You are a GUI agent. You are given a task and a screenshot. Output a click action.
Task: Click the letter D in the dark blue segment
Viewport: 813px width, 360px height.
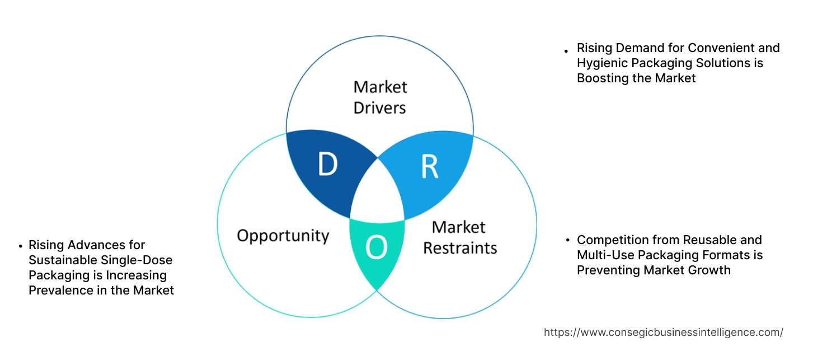point(328,164)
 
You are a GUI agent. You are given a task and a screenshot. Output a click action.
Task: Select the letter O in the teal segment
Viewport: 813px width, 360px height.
point(377,248)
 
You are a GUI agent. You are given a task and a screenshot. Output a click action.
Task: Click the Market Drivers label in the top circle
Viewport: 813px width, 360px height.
point(380,97)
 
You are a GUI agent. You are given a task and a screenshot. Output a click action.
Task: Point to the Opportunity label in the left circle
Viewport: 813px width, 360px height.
point(283,235)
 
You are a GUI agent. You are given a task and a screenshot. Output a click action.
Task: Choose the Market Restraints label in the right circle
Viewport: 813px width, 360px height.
point(459,237)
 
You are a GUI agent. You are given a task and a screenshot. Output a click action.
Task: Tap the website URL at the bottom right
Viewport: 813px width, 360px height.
point(663,332)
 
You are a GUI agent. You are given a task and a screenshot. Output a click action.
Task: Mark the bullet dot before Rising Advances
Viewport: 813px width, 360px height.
point(21,246)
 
